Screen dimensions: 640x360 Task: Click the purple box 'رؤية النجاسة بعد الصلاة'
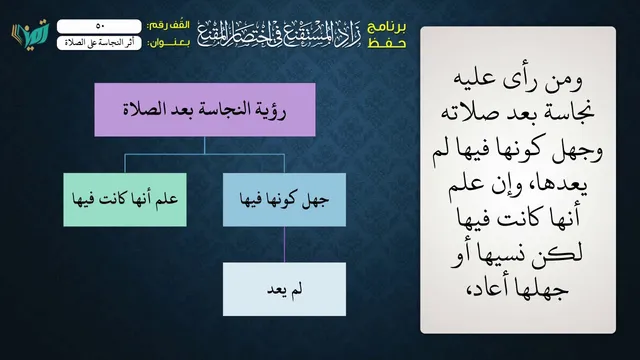(205, 110)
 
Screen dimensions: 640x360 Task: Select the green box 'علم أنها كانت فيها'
(125, 200)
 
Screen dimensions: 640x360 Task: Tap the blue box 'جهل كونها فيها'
(284, 200)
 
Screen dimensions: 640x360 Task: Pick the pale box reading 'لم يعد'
(284, 289)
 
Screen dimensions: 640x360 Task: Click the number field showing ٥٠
(99, 26)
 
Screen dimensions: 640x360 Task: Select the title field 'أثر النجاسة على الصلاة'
(99, 43)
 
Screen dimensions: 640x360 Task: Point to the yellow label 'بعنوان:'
(168, 43)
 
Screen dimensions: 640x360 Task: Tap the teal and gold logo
(30, 34)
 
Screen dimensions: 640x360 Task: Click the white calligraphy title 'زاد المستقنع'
(279, 33)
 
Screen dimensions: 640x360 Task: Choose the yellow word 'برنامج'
(387, 27)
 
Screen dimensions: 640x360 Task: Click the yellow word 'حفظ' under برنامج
(387, 43)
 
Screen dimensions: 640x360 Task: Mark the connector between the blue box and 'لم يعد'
(284, 244)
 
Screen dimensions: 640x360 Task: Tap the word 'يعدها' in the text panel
(564, 185)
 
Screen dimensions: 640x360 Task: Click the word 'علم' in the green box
(167, 199)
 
